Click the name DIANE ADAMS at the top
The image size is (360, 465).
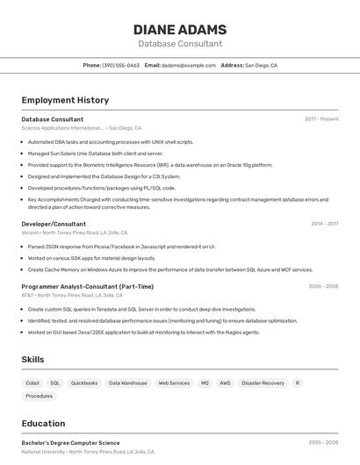coord(180,30)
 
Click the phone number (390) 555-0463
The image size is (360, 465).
coord(120,65)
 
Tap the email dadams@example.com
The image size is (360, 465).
coord(188,65)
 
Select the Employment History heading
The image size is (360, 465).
coord(65,100)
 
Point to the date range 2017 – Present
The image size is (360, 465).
coord(321,118)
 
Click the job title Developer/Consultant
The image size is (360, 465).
coord(54,224)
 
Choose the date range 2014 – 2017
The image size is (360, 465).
coord(324,224)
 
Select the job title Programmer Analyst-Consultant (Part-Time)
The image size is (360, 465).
coord(87,286)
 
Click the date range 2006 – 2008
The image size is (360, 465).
coord(323,286)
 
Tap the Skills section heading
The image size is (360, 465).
coord(32,360)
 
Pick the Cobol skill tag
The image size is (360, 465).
coord(32,383)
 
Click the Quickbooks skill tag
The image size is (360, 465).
coord(84,383)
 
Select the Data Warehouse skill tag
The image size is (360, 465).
coord(128,383)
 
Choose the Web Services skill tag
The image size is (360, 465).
coord(174,383)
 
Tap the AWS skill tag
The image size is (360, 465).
coord(225,383)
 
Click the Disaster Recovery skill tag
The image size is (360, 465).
coord(263,383)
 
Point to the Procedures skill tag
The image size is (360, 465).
coord(40,397)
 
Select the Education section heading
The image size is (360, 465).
coord(43,424)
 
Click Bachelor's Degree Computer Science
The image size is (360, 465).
coord(70,443)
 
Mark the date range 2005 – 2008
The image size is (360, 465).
coord(323,443)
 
